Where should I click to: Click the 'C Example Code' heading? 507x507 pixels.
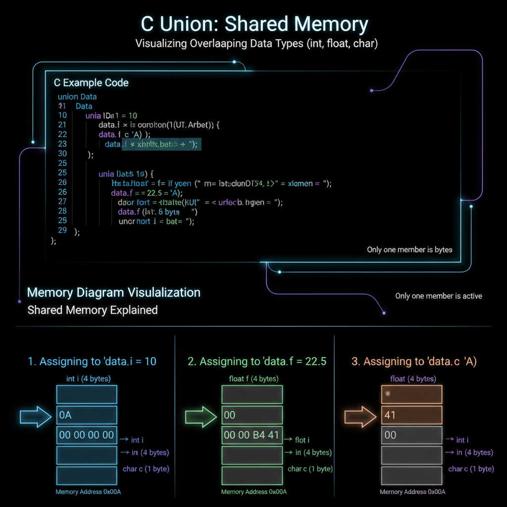[91, 83]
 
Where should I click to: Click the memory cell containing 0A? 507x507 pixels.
[87, 415]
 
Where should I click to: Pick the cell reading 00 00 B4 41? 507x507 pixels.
[252, 435]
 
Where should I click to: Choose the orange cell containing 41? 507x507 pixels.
[411, 415]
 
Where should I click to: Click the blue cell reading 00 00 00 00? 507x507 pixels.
[87, 435]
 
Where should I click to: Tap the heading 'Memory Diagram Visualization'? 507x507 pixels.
[114, 292]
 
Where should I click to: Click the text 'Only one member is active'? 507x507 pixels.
[438, 296]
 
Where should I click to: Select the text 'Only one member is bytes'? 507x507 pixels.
[409, 250]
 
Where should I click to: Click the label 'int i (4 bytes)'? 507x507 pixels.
[88, 379]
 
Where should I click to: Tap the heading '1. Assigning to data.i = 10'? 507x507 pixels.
[92, 361]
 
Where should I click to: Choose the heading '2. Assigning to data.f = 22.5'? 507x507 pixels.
[257, 361]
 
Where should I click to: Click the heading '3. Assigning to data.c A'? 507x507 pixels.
[414, 361]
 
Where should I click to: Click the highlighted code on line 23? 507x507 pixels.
[161, 144]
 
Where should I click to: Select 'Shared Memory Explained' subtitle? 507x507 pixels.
[93, 310]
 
